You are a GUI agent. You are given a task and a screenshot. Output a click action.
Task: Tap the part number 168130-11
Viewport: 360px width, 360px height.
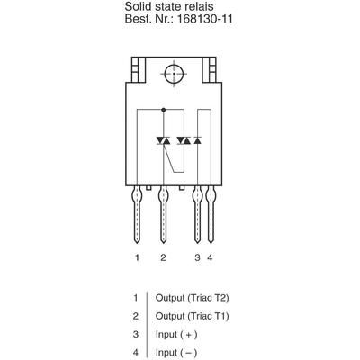tap(205, 19)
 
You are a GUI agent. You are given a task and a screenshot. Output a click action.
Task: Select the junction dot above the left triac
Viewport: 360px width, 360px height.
tap(163, 110)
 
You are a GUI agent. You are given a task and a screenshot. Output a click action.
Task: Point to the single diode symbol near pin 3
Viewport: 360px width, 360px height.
tap(197, 140)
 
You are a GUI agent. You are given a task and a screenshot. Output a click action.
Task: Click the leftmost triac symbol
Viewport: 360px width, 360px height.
tap(163, 140)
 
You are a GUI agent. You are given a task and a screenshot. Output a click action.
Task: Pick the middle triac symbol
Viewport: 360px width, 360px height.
tap(184, 140)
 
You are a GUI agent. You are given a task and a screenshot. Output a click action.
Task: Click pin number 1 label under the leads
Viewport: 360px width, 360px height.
tap(137, 257)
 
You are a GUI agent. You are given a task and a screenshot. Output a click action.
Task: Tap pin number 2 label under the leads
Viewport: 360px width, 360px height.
tap(163, 257)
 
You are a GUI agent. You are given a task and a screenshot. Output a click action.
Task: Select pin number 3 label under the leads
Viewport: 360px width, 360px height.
tap(197, 257)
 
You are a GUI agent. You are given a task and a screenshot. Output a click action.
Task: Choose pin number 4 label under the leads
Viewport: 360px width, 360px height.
tap(210, 257)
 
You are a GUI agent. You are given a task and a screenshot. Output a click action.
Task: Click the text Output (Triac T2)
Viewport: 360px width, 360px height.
tap(193, 298)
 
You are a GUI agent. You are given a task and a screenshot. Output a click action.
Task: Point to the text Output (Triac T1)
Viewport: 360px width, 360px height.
tap(193, 316)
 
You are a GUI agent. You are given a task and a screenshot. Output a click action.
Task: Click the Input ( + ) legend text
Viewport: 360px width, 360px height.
tap(176, 335)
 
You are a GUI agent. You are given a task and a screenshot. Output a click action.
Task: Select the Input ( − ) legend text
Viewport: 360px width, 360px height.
tap(176, 353)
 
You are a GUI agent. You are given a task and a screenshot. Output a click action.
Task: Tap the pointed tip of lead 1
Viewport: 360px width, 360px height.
tap(137, 243)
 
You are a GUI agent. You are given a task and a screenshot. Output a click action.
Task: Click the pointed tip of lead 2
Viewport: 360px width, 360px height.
tap(163, 243)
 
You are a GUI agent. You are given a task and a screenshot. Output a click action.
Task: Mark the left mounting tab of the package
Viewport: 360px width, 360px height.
tap(139, 70)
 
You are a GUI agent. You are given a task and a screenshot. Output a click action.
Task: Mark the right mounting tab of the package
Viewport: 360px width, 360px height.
tap(209, 70)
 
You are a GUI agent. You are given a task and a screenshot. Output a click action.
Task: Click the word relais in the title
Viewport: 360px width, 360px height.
tap(200, 6)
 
